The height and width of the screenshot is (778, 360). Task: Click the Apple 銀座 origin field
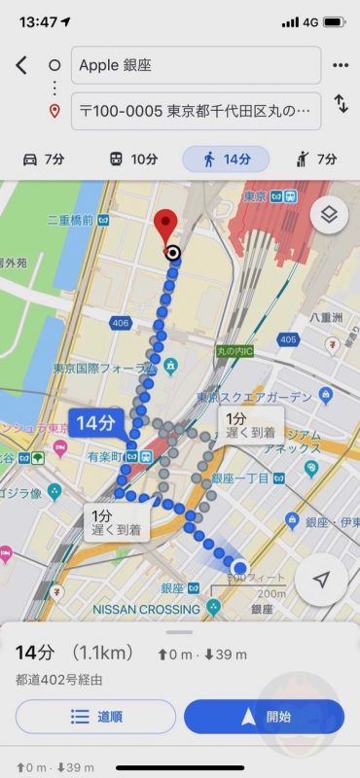[195, 65]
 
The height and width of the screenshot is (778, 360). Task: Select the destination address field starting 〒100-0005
[195, 111]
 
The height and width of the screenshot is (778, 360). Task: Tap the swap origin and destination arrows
[341, 103]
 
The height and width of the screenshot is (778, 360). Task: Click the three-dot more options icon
[341, 65]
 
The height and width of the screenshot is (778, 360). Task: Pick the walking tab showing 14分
[225, 159]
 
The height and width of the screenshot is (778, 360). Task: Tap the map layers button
[329, 215]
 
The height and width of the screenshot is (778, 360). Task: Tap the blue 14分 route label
[95, 423]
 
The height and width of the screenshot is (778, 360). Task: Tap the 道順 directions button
[95, 717]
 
